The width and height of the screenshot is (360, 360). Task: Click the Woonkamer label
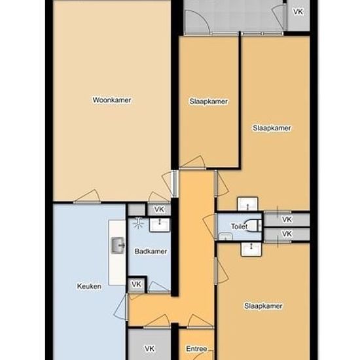coord(112,100)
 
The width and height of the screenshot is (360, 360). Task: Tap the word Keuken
coord(89,286)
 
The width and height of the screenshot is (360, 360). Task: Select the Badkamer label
coord(151,251)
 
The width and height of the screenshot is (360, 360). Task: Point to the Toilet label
coord(239,226)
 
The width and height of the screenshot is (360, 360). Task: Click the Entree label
coord(196,349)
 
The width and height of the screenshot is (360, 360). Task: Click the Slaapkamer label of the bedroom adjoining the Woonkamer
coord(208,101)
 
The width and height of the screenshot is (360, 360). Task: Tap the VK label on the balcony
coord(298,12)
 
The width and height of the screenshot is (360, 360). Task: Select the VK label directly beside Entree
coord(149,348)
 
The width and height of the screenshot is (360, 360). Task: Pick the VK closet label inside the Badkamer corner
coord(136,284)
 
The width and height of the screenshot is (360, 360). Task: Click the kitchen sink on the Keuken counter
coord(118,245)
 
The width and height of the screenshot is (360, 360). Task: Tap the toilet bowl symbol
coord(253,225)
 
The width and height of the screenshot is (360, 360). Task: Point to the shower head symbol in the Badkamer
coord(138,223)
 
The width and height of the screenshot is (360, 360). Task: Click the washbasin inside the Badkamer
coord(160,225)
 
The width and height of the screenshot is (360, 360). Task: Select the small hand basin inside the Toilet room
coord(225,236)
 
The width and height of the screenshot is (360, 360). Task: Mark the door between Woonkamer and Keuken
coord(87,196)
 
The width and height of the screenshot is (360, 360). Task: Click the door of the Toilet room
coord(211,227)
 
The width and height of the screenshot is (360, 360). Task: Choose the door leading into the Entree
coord(200,321)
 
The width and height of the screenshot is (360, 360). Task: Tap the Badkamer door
coord(159,287)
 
